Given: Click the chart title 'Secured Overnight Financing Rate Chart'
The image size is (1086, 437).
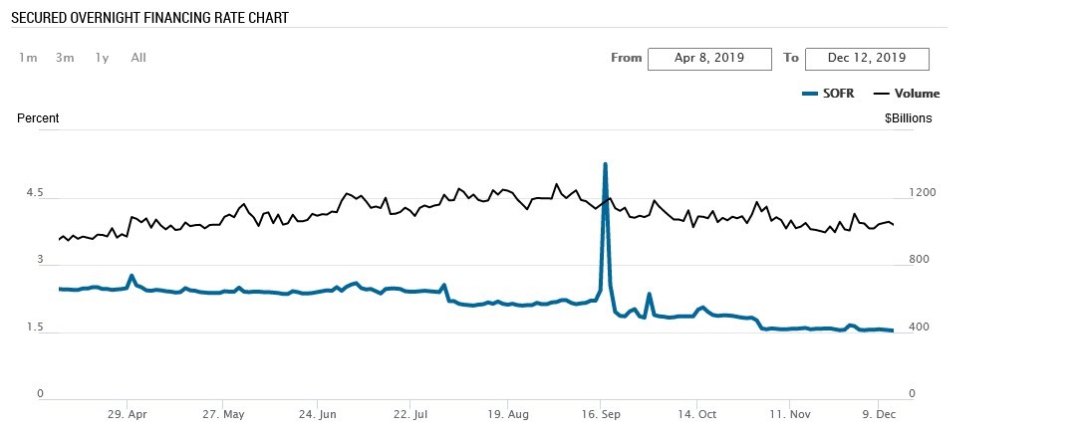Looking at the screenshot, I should pos(149,18).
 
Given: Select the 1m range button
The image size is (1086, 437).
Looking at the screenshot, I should pos(28,58).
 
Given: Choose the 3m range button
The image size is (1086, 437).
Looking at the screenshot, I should pos(65,58).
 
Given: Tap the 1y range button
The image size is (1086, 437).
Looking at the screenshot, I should pos(102,58).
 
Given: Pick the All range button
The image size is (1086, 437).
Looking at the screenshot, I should pos(138,58).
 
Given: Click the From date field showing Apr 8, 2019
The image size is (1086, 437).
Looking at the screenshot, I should pos(709,59).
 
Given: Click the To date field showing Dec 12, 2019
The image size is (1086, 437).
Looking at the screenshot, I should pos(867,59).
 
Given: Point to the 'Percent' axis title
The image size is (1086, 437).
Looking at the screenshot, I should pos(38,118).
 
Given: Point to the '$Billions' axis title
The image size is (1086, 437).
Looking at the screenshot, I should pos(908,118).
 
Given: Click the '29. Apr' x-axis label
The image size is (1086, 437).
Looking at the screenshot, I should pos(129,414).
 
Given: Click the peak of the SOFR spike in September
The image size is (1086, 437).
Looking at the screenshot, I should pos(605,164).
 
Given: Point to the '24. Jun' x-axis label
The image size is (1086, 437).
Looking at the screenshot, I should pos(317,414).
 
